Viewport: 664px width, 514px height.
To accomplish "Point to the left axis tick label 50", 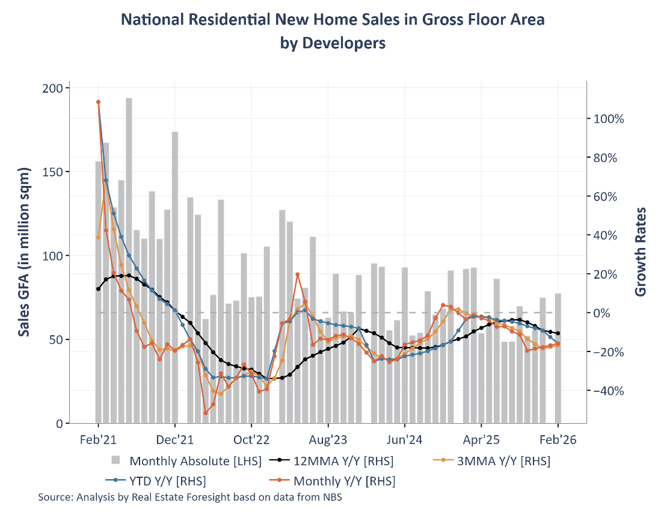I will [x=56, y=339].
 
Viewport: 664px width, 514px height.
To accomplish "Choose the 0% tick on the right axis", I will [x=604, y=313].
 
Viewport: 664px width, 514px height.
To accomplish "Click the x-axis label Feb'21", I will [x=98, y=440].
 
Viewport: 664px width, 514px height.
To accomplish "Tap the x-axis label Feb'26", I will [x=558, y=440].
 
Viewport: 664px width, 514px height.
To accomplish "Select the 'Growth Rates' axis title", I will [x=641, y=252].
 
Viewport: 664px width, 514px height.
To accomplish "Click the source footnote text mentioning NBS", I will [x=190, y=498].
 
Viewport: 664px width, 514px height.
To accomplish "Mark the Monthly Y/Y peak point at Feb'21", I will [x=98, y=102].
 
